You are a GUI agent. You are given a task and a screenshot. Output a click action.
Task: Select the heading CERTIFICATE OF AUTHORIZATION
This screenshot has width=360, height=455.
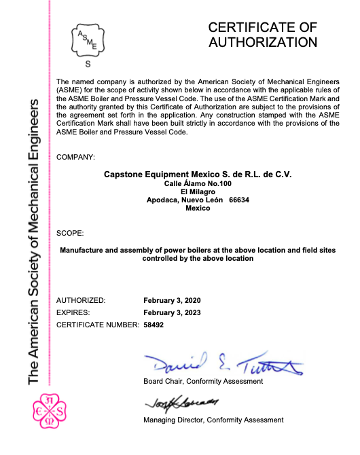tap(262, 35)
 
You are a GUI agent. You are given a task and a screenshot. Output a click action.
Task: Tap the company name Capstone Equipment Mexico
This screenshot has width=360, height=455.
tap(197, 175)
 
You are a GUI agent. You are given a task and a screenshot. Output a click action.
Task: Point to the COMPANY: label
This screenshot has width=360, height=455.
tap(75, 157)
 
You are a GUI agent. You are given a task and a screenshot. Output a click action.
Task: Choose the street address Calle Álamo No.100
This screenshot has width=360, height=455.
tap(198, 184)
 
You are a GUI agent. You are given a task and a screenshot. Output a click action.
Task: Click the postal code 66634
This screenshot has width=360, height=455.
tap(240, 200)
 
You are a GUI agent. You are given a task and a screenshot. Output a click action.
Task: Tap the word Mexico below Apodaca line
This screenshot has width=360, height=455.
tap(198, 208)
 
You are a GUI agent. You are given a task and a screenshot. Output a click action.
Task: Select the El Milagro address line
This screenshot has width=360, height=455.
tap(198, 192)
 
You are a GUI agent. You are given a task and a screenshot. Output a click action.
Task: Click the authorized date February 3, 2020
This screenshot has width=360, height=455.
tap(173, 300)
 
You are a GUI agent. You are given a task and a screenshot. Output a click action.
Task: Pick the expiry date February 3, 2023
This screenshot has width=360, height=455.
tap(173, 312)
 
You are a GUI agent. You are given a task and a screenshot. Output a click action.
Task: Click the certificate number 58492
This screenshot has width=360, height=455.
tap(154, 325)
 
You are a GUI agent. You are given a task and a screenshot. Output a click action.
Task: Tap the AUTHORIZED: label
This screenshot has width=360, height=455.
tap(81, 300)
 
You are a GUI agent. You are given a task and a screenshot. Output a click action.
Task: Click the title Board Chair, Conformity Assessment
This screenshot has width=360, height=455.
tap(203, 382)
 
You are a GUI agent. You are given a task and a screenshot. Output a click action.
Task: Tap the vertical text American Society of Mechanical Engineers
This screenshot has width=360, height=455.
tap(34, 241)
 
